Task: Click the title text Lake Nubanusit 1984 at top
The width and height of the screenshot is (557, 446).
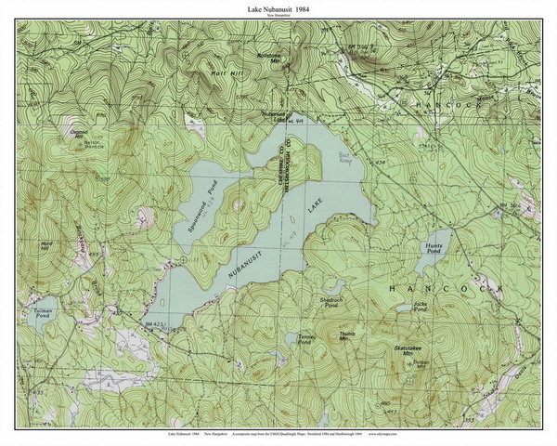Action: pyautogui.click(x=278, y=9)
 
